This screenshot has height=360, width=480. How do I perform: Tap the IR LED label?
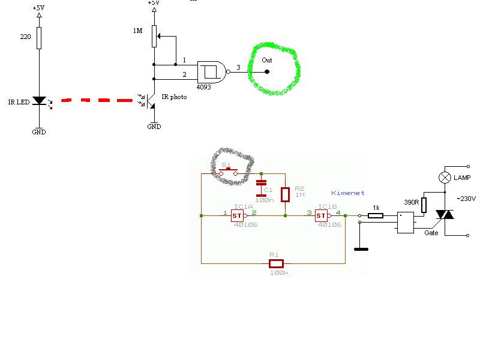point(19,103)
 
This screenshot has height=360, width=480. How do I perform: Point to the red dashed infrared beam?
point(97,100)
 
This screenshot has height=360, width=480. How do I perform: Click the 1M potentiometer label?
point(138,31)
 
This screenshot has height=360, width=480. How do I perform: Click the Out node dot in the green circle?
point(267,72)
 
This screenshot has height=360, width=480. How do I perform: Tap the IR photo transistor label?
point(174,97)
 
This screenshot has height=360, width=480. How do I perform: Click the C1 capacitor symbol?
point(261,188)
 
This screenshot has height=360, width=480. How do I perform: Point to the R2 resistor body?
point(285,194)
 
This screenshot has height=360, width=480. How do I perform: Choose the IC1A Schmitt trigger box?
point(237,215)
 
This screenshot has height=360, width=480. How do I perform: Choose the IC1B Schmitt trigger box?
point(321,215)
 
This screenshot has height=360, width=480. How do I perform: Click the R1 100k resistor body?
point(275,263)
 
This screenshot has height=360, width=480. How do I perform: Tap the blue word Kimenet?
point(348,193)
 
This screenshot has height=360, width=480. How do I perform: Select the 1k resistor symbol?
point(375,215)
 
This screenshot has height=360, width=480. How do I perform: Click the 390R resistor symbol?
point(424,205)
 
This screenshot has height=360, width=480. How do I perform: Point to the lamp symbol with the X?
point(445,178)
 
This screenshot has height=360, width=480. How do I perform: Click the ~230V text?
point(467,199)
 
